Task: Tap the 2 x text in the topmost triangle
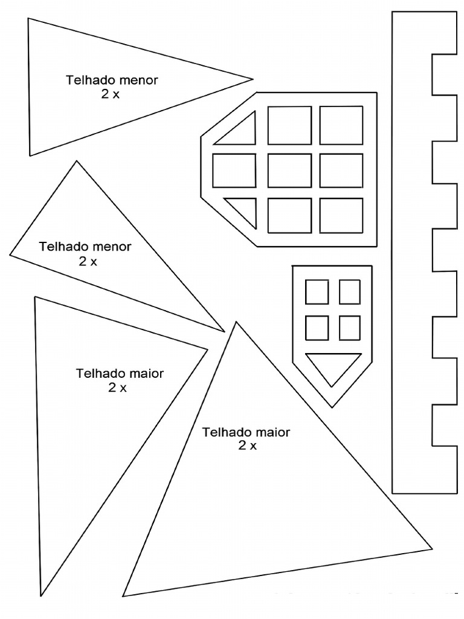(x=110, y=94)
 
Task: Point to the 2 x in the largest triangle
(x=247, y=446)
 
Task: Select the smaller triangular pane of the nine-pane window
(x=245, y=209)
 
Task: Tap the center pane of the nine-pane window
(x=289, y=170)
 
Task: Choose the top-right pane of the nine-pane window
(x=341, y=125)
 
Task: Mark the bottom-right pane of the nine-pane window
(x=341, y=216)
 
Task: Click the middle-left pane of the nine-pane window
(x=234, y=170)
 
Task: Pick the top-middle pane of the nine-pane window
(x=289, y=126)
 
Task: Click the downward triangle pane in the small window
(x=333, y=365)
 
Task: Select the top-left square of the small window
(x=317, y=292)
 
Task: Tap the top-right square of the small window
(x=350, y=292)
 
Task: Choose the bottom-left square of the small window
(x=317, y=328)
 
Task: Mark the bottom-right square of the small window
(x=350, y=328)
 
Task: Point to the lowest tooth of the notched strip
(x=445, y=470)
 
